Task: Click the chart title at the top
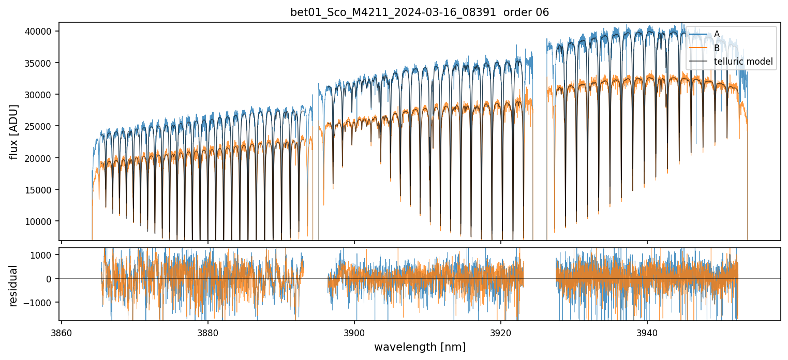[420, 12]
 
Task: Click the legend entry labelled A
[717, 34]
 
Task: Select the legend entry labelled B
[717, 48]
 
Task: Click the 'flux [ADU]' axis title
[13, 131]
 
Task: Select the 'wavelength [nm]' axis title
[420, 347]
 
